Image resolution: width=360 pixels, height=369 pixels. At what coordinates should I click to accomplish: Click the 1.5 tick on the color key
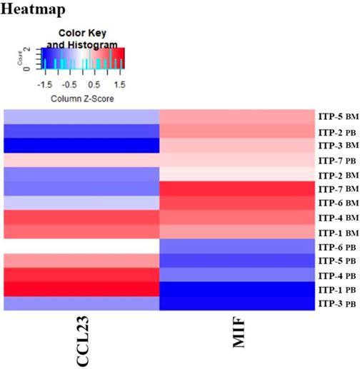click(x=119, y=84)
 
